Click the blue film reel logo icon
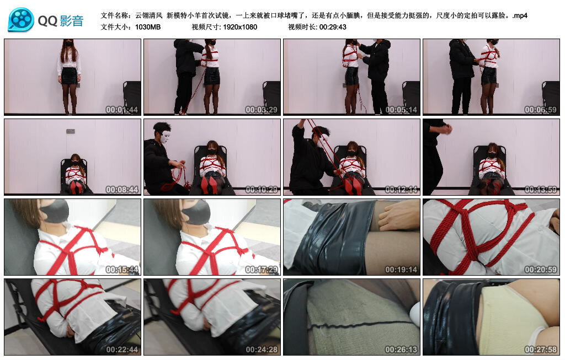pos(21,19)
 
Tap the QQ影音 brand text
pos(61,21)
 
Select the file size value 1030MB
pos(148,27)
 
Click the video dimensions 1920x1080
pos(240,27)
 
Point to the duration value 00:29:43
pos(333,27)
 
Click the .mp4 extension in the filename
pos(520,15)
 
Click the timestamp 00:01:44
pos(122,110)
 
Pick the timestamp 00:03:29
pos(261,110)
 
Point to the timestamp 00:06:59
pos(541,110)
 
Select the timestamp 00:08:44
pos(122,189)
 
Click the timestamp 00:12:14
pos(401,189)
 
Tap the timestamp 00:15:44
pos(122,269)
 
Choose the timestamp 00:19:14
pos(401,269)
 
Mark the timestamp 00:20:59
pos(541,269)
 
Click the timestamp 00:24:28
pos(262,349)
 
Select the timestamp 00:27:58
pos(541,349)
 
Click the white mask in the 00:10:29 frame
pos(166,137)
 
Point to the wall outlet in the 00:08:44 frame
pos(71,131)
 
